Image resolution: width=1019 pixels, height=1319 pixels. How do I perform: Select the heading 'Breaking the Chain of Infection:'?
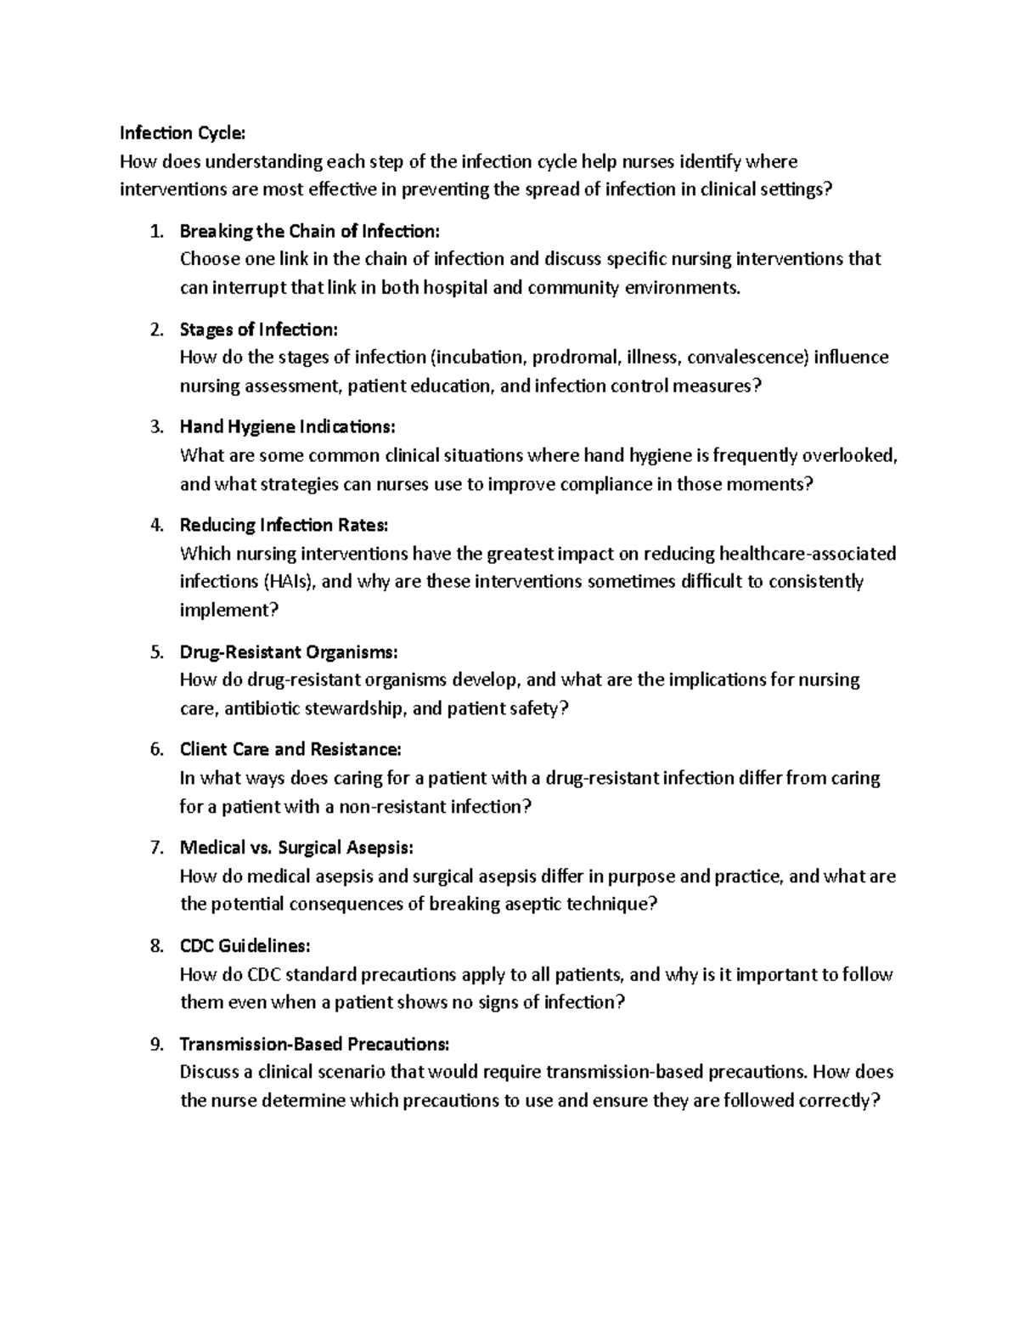coord(310,231)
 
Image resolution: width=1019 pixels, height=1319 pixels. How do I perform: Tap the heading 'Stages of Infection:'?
coord(259,329)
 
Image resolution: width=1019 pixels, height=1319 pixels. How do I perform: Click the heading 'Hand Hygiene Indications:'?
coord(288,426)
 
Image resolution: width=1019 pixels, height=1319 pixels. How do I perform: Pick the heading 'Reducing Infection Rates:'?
coord(284,525)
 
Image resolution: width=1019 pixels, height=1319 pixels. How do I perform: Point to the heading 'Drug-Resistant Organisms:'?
coord(289,652)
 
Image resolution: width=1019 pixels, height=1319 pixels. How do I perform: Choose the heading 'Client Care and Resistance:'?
coord(290,749)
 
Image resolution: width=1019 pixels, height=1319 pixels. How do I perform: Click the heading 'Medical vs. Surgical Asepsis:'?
coord(297,848)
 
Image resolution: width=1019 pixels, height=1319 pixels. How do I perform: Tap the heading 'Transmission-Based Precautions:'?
coord(314,1044)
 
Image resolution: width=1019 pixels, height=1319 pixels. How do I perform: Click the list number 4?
coord(156,525)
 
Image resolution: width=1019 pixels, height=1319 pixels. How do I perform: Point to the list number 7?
coord(156,848)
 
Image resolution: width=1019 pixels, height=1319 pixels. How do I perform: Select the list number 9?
coord(156,1044)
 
